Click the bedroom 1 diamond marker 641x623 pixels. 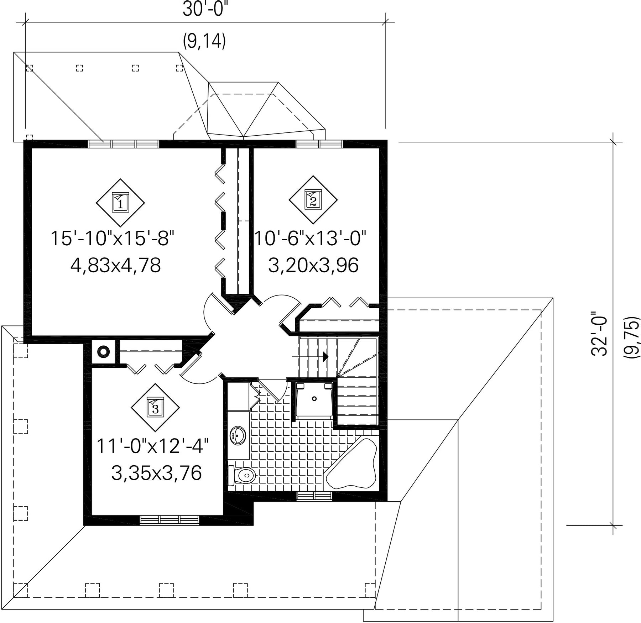[x=120, y=202]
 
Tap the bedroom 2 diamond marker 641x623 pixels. [x=313, y=200]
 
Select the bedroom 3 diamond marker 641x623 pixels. [x=155, y=407]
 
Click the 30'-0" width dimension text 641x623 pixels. [x=205, y=10]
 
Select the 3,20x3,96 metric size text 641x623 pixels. [x=313, y=266]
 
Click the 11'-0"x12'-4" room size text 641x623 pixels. [x=153, y=446]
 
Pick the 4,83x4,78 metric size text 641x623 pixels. [x=116, y=266]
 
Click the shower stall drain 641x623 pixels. [x=314, y=399]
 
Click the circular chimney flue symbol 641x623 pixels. [x=103, y=352]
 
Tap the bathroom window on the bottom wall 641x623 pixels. [x=314, y=496]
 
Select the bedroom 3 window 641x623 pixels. [x=169, y=520]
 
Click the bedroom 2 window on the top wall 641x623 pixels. [x=319, y=144]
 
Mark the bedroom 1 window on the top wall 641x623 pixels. [x=124, y=144]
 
